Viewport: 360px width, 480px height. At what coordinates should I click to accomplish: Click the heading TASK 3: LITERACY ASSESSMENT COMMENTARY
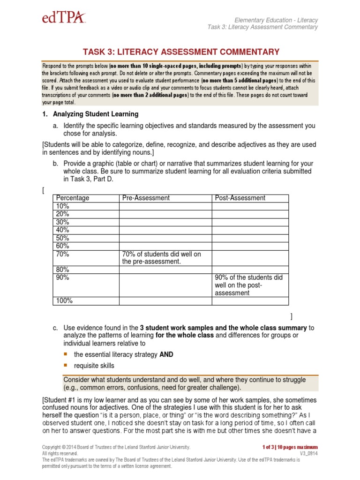click(181, 52)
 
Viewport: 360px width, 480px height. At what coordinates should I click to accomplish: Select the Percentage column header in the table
click(72, 198)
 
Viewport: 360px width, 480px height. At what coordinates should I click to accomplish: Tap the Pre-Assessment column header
click(146, 198)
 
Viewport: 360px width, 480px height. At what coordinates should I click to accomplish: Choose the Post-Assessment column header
click(240, 198)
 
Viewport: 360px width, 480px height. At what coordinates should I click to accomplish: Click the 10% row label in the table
click(62, 206)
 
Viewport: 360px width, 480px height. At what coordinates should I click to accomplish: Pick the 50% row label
click(63, 238)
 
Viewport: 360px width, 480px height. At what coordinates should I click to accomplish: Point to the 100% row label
click(64, 301)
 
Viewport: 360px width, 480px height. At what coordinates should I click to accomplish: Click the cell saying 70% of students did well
click(161, 257)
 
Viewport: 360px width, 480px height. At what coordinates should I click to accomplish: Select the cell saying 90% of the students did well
click(248, 285)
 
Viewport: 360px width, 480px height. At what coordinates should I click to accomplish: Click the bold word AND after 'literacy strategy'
click(166, 354)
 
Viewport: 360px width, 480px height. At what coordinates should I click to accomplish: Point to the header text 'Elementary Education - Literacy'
click(276, 20)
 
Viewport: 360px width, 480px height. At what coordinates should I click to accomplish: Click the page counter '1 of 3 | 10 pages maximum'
click(291, 447)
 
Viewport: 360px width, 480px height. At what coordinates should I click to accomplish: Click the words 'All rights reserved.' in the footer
click(60, 454)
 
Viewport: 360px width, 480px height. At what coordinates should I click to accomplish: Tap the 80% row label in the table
click(63, 270)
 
